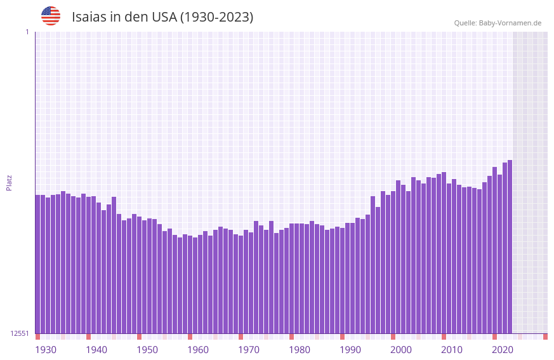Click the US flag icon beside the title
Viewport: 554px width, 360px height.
pyautogui.click(x=51, y=16)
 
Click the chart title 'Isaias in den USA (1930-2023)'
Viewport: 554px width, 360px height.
pyautogui.click(x=162, y=17)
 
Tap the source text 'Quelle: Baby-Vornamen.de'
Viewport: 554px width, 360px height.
pyautogui.click(x=498, y=23)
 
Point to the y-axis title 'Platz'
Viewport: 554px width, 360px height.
pyautogui.click(x=9, y=182)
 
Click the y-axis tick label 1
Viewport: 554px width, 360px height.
pyautogui.click(x=27, y=32)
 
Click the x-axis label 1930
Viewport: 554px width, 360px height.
pyautogui.click(x=46, y=350)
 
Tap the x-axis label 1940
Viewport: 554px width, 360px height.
pyautogui.click(x=96, y=350)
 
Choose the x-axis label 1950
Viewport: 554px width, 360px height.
pyautogui.click(x=147, y=350)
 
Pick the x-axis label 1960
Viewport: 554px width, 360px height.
pyautogui.click(x=198, y=350)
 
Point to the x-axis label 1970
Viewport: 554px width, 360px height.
pyautogui.click(x=249, y=350)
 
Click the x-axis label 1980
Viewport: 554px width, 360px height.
pyautogui.click(x=300, y=350)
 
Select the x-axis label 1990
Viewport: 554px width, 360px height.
pyautogui.click(x=350, y=350)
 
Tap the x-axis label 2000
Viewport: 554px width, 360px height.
pyautogui.click(x=401, y=350)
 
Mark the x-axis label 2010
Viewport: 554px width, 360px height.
pyautogui.click(x=452, y=350)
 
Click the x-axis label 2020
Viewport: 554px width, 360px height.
pyautogui.click(x=503, y=350)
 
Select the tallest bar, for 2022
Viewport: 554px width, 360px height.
pyautogui.click(x=510, y=248)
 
